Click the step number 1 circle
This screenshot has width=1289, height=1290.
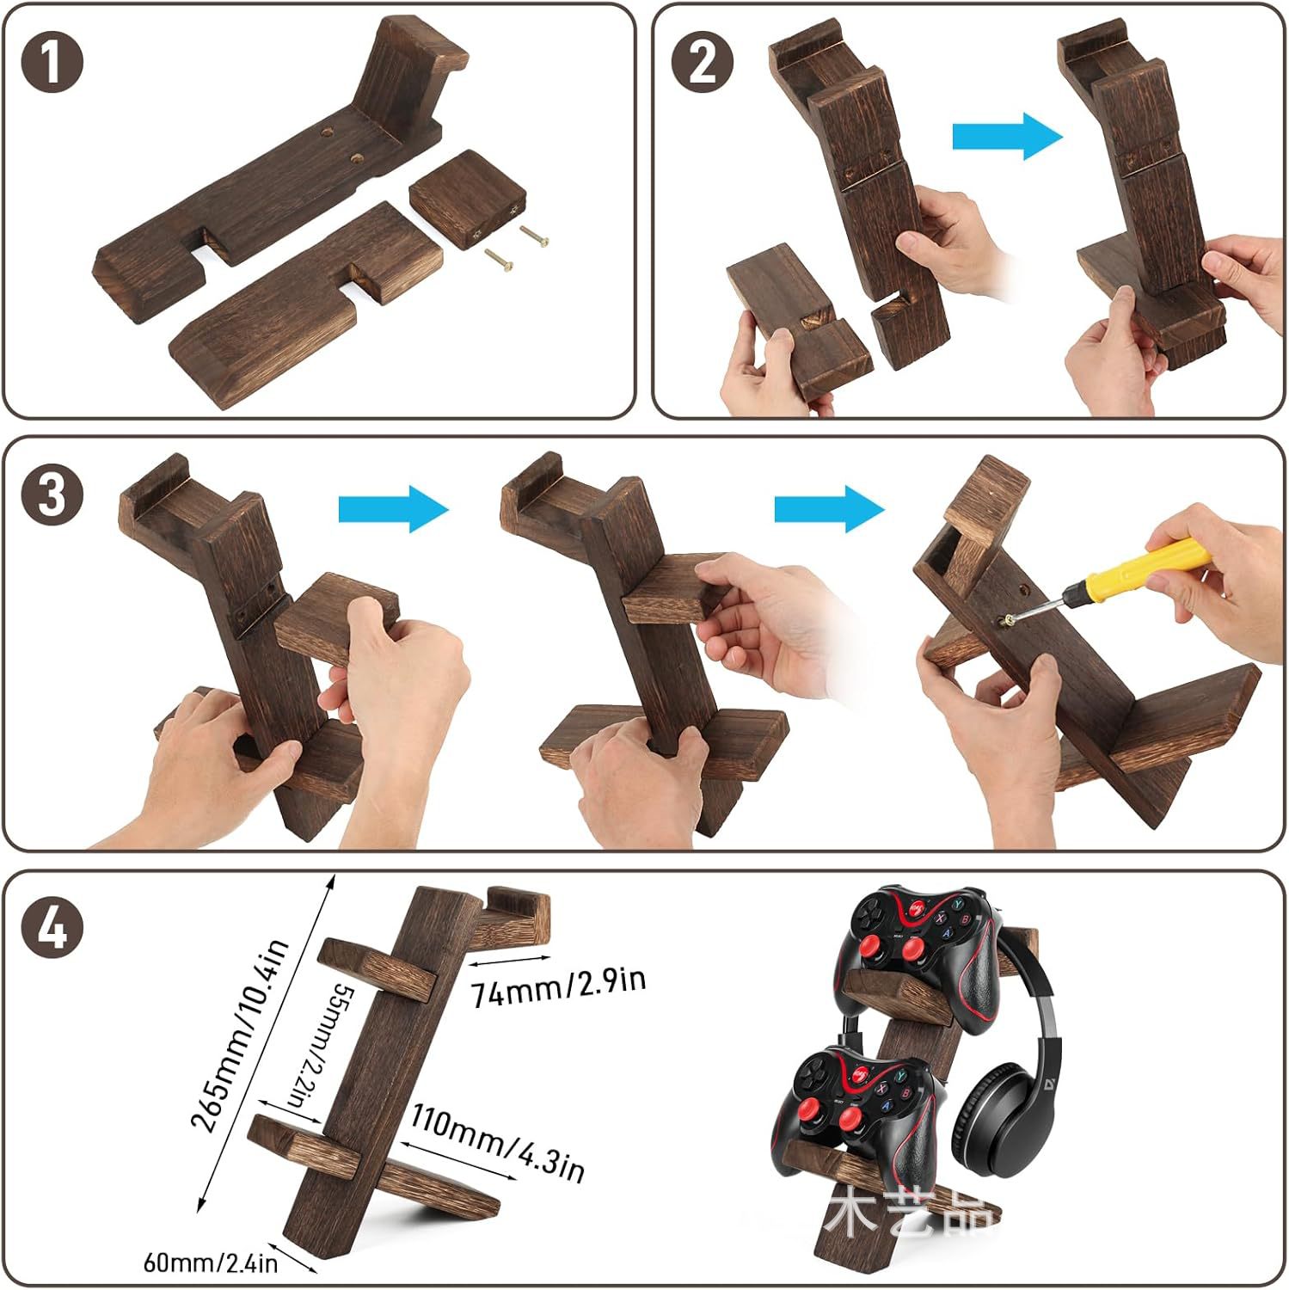coord(52,64)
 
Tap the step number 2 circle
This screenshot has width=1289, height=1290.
coord(703,64)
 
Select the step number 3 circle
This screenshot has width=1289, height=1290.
coord(52,495)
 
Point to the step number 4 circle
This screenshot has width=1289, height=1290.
coord(52,929)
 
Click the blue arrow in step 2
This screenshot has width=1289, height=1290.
coord(1007,136)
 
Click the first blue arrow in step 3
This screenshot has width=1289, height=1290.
coord(393,508)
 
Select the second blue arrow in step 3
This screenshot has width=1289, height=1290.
coord(829,508)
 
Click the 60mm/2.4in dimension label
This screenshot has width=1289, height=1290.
coord(210,1262)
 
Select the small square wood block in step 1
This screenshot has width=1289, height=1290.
coord(468,198)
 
